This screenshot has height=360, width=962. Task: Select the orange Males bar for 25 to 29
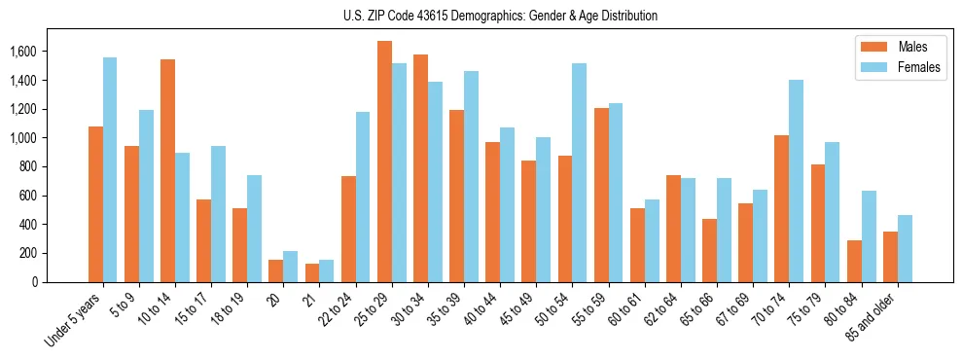[384, 162]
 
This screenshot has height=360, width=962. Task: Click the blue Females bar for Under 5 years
[110, 169]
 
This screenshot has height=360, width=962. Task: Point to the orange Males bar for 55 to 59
[601, 195]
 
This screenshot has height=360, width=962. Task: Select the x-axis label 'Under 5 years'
[73, 320]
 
